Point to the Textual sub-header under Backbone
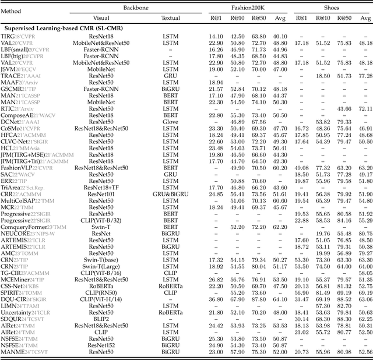pyautogui.click(x=170, y=17)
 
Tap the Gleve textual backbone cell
pyautogui.click(x=170, y=122)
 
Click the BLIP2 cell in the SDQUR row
pyautogui.click(x=93, y=319)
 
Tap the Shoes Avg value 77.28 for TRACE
pyautogui.click(x=365, y=75)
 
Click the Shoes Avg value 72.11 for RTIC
pyautogui.click(x=365, y=108)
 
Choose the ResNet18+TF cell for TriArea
pyautogui.click(x=93, y=188)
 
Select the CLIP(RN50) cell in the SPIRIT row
pyautogui.click(x=93, y=291)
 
